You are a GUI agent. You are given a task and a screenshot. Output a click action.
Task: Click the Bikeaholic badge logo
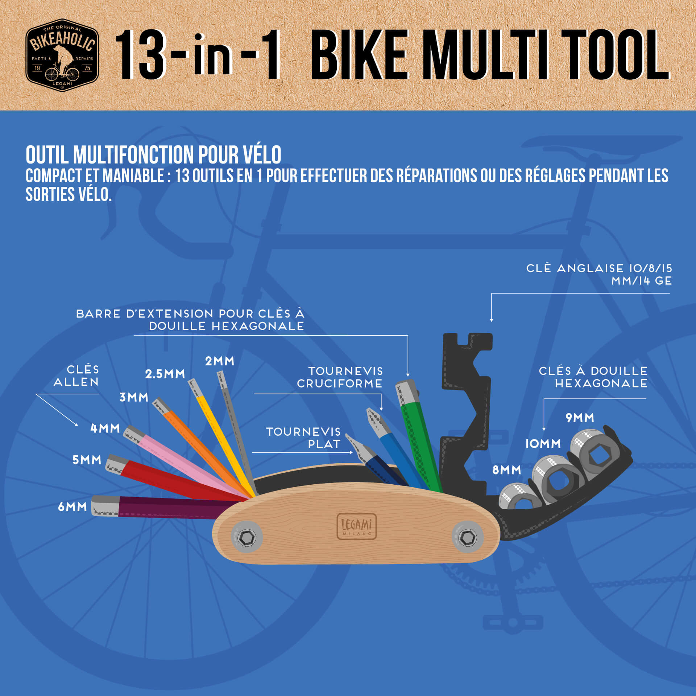pyautogui.click(x=62, y=55)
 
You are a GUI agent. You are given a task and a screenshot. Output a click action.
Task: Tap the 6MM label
pyautogui.click(x=72, y=507)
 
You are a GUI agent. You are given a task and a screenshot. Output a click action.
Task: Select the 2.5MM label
pyautogui.click(x=165, y=374)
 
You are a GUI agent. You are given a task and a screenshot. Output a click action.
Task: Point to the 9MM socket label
pyautogui.click(x=580, y=418)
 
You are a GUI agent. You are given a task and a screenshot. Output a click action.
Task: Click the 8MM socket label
pyautogui.click(x=506, y=470)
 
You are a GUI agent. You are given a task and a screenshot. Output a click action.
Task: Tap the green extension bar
pyautogui.click(x=419, y=435)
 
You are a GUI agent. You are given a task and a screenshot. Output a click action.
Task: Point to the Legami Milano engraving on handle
pyautogui.click(x=357, y=526)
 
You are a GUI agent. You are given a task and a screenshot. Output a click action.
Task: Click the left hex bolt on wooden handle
pyautogui.click(x=247, y=537)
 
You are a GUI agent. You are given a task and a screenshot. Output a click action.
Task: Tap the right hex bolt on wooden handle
pyautogui.click(x=468, y=537)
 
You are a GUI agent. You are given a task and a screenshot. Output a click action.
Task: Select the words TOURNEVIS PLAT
pyautogui.click(x=303, y=438)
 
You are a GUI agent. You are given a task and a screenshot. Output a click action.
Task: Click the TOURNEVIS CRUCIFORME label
pyautogui.click(x=340, y=377)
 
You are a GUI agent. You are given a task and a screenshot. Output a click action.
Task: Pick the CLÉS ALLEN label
pyautogui.click(x=76, y=376)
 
